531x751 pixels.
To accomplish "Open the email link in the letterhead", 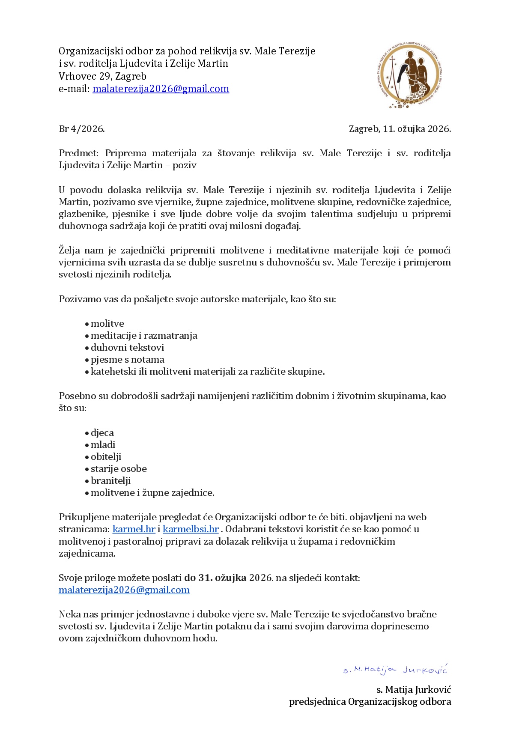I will [x=161, y=89].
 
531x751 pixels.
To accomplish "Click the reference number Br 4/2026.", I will [x=82, y=129].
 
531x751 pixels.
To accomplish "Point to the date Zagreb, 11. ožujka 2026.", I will [x=400, y=129].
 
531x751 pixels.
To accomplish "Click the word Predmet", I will [x=78, y=153].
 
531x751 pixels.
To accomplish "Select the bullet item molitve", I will [x=107, y=324].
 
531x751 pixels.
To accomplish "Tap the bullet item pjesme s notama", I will [x=127, y=360].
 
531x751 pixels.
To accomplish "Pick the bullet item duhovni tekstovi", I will [x=127, y=348].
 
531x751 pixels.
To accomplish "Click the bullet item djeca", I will [x=102, y=433].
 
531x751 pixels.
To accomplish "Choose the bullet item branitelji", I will [x=110, y=481].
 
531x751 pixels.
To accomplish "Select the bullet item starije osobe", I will [x=119, y=469].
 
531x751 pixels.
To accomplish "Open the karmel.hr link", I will [x=134, y=529].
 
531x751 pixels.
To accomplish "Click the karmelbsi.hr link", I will [x=191, y=529].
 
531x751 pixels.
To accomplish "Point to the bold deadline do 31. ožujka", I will [x=215, y=578].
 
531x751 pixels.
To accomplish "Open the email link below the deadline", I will [x=124, y=590].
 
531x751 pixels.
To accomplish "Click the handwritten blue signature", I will [x=395, y=670].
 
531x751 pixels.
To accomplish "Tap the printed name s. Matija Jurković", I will [x=413, y=690].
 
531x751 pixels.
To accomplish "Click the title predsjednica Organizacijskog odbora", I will [x=370, y=702].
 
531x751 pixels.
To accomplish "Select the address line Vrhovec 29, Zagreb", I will [x=102, y=76].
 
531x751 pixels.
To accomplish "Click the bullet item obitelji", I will [x=106, y=457].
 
